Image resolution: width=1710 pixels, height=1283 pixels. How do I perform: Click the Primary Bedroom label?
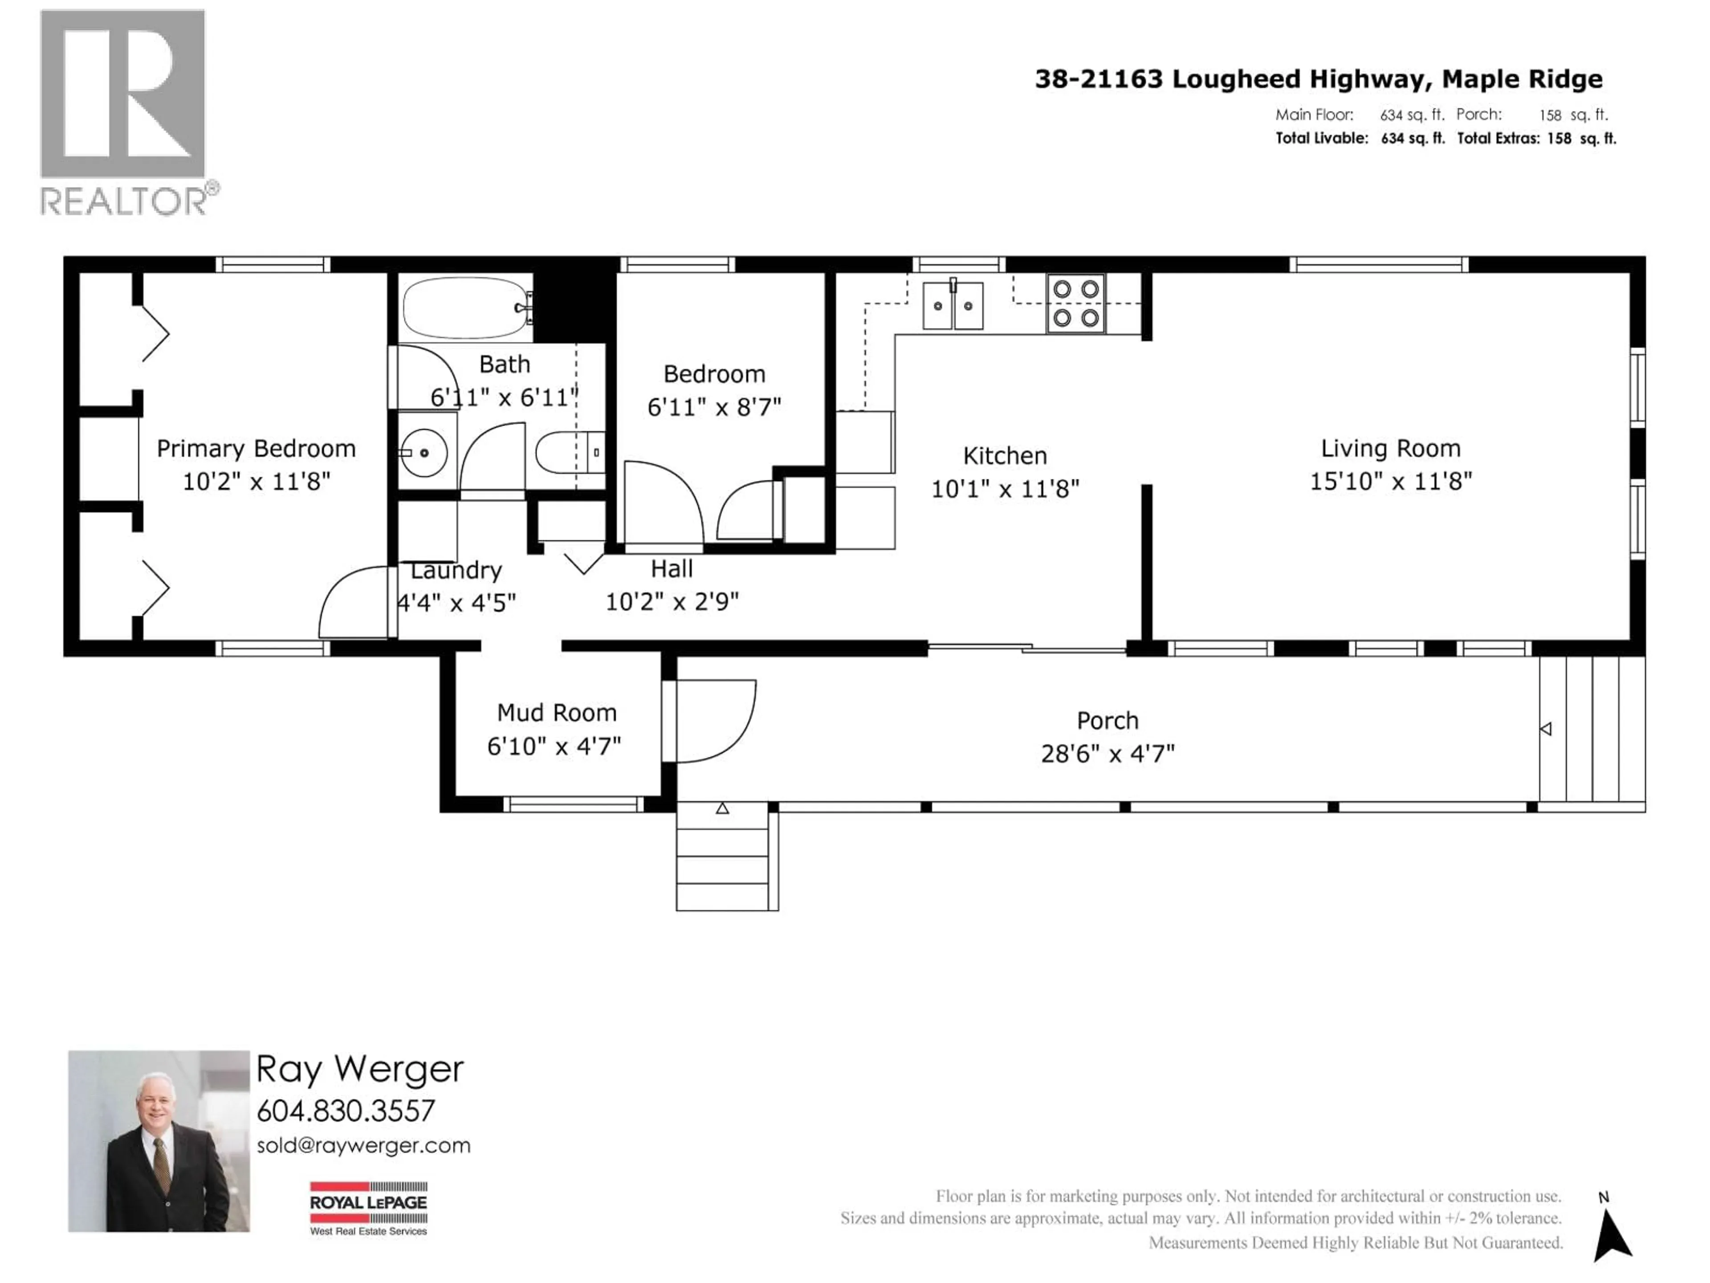256,449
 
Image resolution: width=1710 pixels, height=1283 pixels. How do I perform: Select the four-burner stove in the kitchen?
1075,303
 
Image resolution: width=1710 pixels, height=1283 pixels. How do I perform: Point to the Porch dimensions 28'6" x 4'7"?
1107,753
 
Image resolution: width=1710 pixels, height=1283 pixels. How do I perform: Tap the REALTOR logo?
124,112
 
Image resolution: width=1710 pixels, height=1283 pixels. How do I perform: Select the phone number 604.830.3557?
346,1111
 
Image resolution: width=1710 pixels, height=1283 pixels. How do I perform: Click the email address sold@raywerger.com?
363,1145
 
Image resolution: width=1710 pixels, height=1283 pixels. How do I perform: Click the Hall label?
671,569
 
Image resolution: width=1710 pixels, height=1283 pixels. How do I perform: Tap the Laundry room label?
456,571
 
